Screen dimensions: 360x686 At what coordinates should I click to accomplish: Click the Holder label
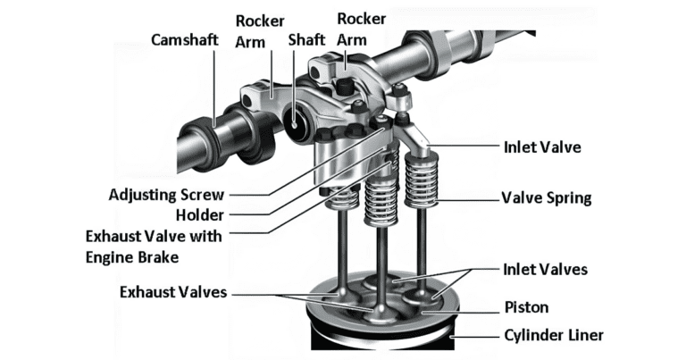pyautogui.click(x=199, y=215)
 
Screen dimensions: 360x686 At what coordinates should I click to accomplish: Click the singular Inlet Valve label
pyautogui.click(x=540, y=147)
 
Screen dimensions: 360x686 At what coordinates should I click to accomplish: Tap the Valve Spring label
pyautogui.click(x=546, y=197)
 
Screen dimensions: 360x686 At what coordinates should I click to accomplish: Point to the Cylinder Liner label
pyautogui.click(x=552, y=335)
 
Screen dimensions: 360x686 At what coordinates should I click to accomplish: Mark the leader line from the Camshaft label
pyautogui.click(x=215, y=89)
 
